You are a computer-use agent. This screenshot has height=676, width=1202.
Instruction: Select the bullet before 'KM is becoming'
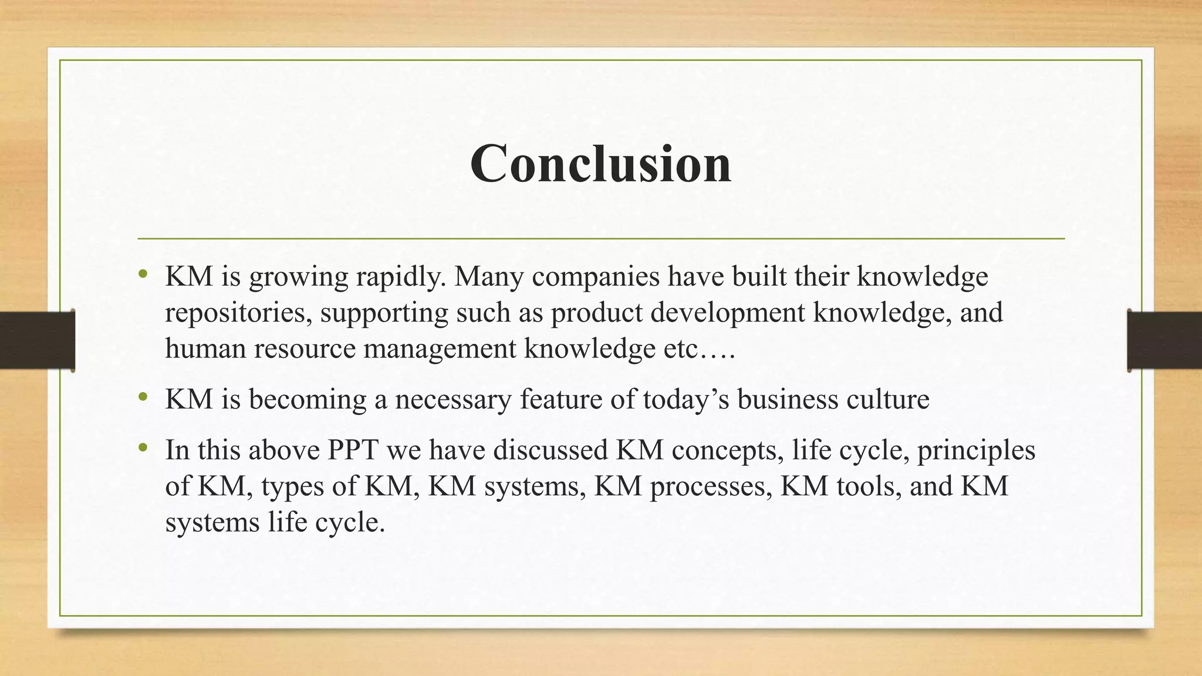(143, 397)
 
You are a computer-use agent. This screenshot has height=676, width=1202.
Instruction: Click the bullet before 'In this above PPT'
(143, 448)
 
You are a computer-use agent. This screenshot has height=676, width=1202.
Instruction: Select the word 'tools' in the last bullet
(867, 486)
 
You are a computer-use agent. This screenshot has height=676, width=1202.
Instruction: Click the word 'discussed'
(550, 450)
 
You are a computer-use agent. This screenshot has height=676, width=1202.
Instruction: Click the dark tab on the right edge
(1164, 340)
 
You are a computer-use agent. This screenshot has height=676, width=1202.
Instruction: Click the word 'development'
(727, 313)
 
